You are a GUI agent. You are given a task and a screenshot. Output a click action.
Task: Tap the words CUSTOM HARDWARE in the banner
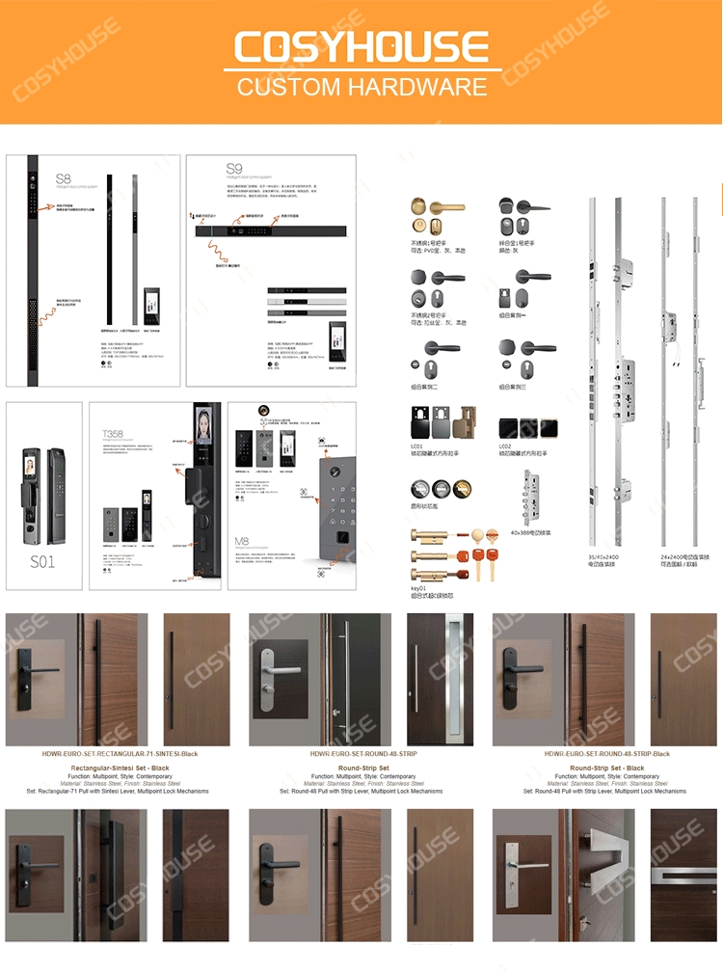pyautogui.click(x=361, y=87)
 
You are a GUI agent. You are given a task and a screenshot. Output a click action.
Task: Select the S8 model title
pyautogui.click(x=63, y=178)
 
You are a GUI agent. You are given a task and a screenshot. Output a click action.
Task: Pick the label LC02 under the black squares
pyautogui.click(x=505, y=446)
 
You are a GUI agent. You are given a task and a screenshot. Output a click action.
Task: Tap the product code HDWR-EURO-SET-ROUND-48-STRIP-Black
pyautogui.click(x=606, y=753)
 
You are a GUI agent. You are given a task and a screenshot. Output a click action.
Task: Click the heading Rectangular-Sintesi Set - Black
pyautogui.click(x=120, y=769)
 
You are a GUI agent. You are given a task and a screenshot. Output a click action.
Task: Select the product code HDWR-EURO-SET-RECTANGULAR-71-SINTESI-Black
pyautogui.click(x=120, y=753)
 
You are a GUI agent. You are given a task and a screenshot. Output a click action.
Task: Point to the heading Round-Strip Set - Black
pyautogui.click(x=606, y=769)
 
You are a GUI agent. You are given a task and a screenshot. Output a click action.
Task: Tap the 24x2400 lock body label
pyautogui.click(x=676, y=556)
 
